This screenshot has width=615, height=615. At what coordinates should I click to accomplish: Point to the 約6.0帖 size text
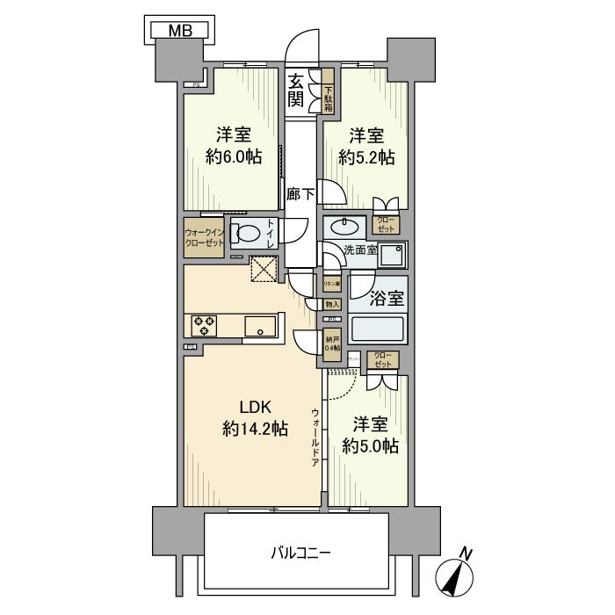(x=234, y=157)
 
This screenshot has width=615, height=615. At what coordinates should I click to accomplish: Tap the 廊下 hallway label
(x=300, y=194)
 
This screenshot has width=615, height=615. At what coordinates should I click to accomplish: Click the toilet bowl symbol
(x=250, y=235)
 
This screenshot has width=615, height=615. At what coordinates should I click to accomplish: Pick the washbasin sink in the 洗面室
(x=344, y=227)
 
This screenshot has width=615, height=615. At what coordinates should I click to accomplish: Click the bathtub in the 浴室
(x=378, y=330)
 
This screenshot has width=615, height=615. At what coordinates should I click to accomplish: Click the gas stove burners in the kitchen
(x=203, y=326)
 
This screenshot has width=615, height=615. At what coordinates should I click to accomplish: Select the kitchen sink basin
(x=259, y=326)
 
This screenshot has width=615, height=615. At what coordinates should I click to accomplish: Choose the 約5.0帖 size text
(x=369, y=446)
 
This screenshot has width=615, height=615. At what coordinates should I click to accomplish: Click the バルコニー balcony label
(x=300, y=553)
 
